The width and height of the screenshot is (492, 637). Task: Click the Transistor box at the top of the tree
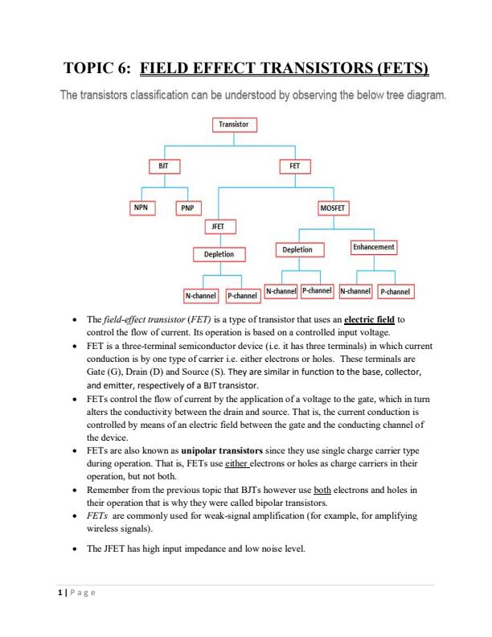(x=234, y=125)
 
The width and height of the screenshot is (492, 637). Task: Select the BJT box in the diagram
(x=164, y=166)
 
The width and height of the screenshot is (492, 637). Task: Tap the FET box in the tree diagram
(x=294, y=166)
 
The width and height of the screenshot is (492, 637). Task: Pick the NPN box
(x=141, y=206)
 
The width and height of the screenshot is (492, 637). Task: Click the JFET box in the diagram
(x=218, y=227)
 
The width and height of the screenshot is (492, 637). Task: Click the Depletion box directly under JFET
(x=219, y=254)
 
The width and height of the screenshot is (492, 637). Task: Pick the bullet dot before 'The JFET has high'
(x=76, y=549)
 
